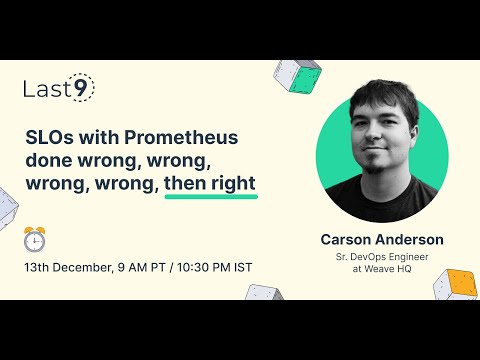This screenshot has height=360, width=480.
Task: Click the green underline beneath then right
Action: click(211, 196)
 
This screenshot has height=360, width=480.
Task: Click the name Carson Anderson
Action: click(381, 240)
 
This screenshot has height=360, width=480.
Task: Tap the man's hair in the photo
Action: click(379, 110)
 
